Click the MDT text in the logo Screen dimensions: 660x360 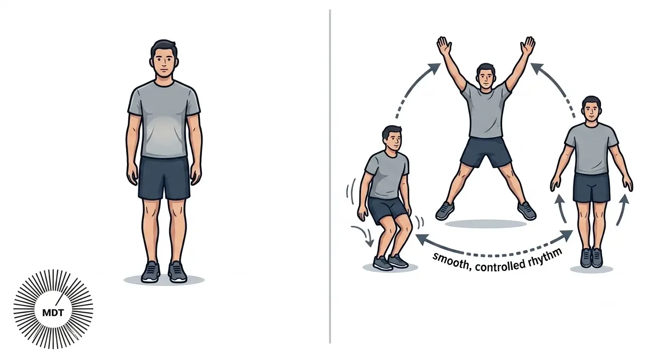[53, 312]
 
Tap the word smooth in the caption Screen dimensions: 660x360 [451, 260]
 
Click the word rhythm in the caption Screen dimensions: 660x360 [545, 257]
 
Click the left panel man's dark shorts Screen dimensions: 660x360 [164, 178]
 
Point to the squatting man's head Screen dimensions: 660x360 [391, 140]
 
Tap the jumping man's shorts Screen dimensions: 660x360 [486, 151]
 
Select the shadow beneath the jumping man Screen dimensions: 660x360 [486, 224]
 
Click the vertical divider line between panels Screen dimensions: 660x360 [330, 176]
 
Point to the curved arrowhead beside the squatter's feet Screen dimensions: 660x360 [368, 243]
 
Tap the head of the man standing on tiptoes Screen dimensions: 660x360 [592, 109]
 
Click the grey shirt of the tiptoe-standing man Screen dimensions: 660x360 [592, 149]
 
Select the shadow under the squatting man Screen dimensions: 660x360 [390, 268]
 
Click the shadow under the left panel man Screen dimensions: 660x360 [164, 280]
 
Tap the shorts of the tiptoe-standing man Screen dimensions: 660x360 [592, 187]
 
